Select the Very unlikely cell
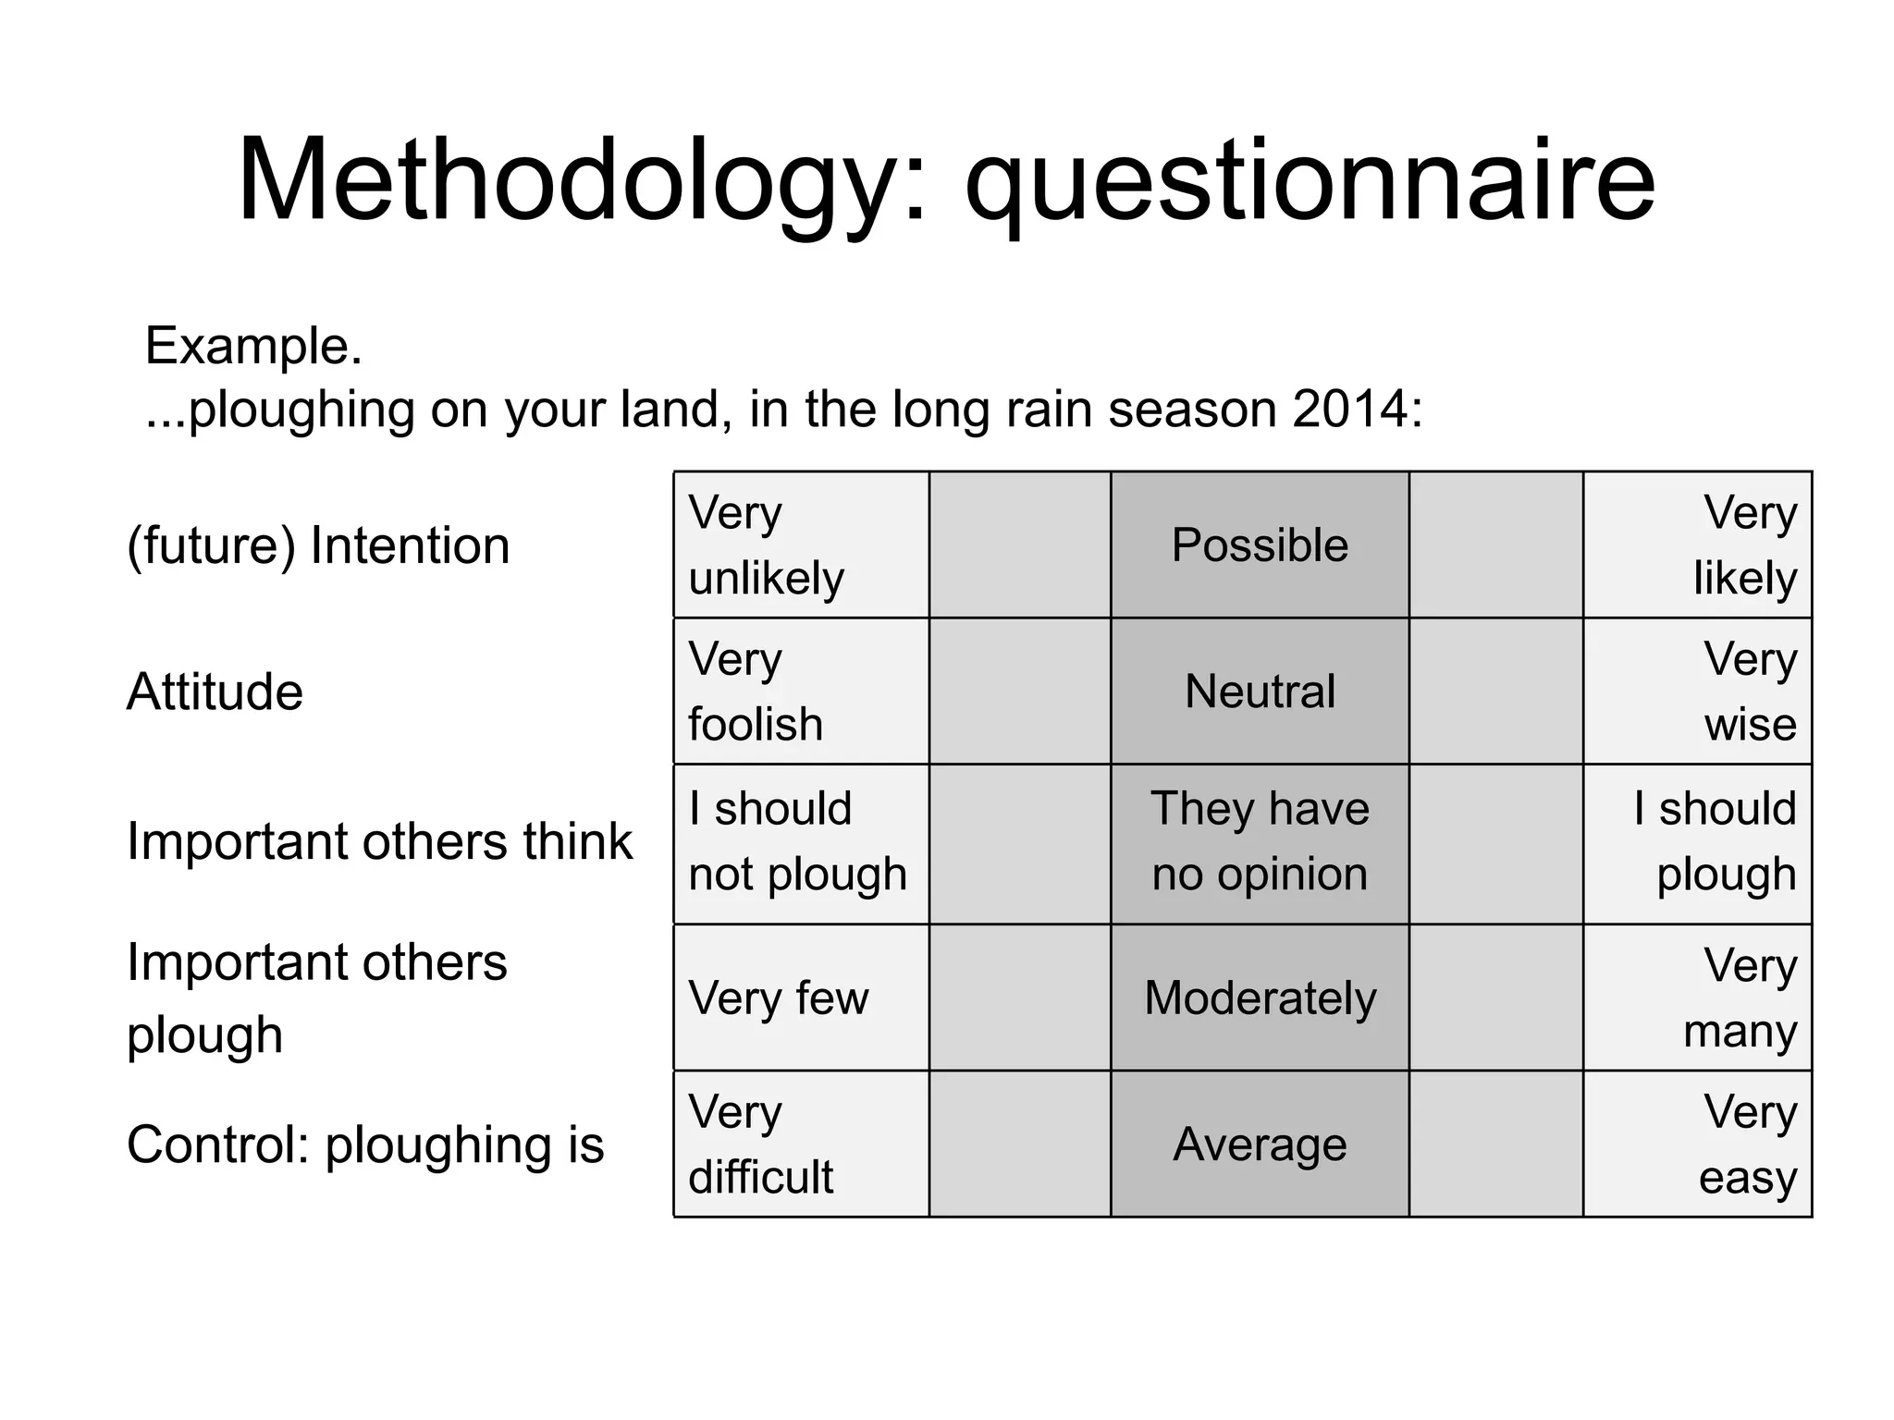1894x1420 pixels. (801, 545)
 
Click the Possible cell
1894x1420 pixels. (1260, 545)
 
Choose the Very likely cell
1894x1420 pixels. (1697, 545)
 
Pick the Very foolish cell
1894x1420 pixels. (801, 692)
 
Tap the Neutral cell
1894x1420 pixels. (1260, 692)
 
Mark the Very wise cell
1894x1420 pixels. (1697, 692)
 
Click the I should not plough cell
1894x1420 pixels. (801, 843)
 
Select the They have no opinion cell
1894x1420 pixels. (1260, 843)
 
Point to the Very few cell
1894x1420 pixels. (801, 998)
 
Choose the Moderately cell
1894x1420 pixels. (1260, 998)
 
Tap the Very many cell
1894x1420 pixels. (1697, 998)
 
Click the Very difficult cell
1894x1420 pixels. (801, 1144)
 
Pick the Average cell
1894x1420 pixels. (1260, 1144)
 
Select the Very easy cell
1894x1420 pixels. (1697, 1144)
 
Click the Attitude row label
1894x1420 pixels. (215, 692)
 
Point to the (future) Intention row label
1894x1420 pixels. (318, 545)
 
